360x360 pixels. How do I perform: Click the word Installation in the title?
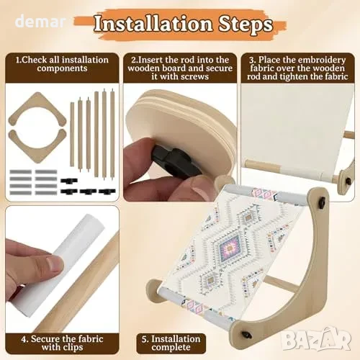[153, 24]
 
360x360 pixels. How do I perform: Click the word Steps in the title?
[246, 25]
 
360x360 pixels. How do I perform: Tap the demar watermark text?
[40, 22]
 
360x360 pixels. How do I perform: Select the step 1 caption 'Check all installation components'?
[62, 64]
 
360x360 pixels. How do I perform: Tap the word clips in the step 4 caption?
[72, 347]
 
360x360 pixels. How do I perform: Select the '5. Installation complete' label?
[171, 343]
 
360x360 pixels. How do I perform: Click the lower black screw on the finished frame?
[245, 334]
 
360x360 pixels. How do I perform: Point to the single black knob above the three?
[69, 181]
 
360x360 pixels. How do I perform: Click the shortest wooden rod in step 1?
[72, 134]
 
